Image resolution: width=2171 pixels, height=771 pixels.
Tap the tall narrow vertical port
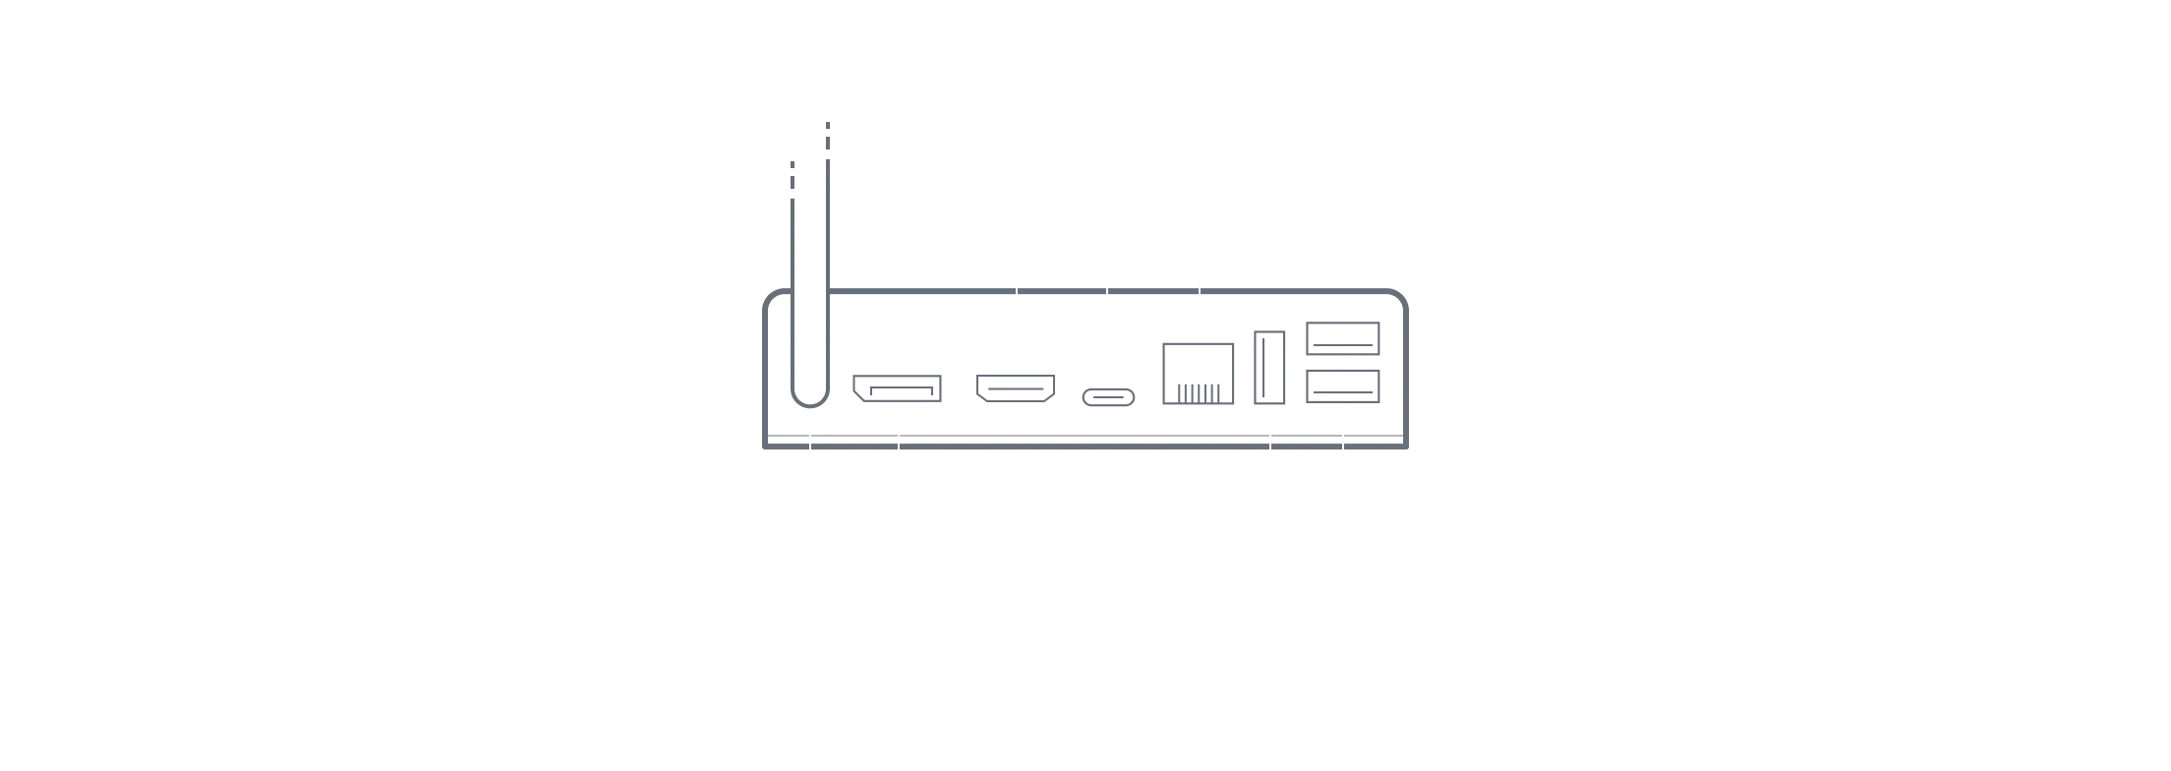click(x=1270, y=369)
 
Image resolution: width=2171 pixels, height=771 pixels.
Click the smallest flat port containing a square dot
click(x=1108, y=396)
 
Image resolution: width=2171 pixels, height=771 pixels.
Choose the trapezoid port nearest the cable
click(x=897, y=388)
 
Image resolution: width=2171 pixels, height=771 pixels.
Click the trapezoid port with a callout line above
click(x=1018, y=386)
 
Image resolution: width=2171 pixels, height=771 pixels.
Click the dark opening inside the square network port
click(x=1195, y=362)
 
